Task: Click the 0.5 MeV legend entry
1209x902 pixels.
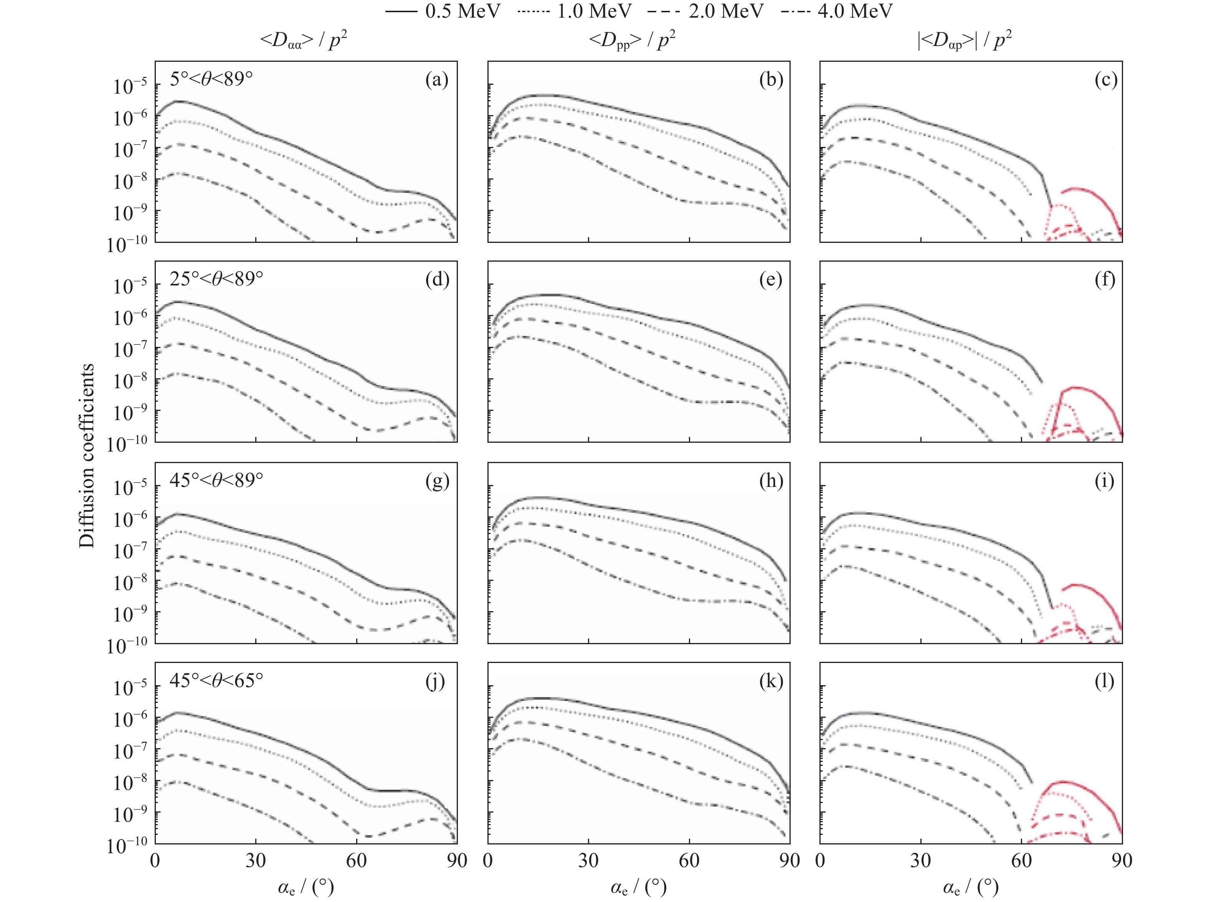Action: tap(442, 11)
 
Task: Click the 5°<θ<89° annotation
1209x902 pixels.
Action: tap(211, 80)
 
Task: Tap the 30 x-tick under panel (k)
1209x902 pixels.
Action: tap(588, 861)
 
